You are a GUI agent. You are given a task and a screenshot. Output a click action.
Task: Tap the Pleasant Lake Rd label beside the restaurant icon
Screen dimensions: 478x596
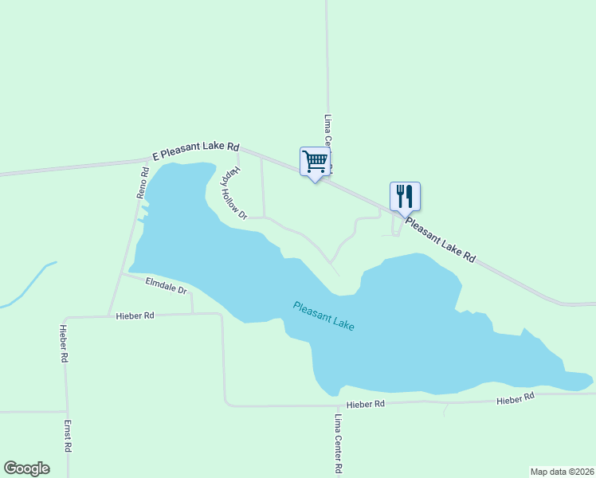click(440, 241)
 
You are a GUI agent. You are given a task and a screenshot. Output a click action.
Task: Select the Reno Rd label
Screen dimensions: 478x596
click(143, 182)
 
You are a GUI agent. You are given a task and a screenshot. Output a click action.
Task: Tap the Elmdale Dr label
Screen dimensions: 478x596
click(166, 284)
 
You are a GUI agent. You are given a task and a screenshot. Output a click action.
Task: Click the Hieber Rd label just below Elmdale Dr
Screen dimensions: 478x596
click(135, 315)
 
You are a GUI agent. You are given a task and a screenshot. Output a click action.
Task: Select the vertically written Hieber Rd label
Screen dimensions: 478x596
click(63, 343)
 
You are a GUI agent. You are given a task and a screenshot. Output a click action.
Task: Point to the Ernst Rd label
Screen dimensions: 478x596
click(68, 437)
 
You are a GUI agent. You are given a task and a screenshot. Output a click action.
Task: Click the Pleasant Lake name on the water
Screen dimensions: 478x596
click(323, 315)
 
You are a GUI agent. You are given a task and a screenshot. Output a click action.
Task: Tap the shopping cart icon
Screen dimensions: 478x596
click(315, 162)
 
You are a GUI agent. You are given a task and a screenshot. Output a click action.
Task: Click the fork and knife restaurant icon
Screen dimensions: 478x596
click(405, 196)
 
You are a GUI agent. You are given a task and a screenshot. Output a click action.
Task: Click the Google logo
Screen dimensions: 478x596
click(26, 468)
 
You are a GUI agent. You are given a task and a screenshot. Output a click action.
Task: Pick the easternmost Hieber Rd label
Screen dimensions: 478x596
click(514, 398)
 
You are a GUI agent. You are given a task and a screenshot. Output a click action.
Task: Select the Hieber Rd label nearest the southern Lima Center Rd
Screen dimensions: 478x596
click(365, 404)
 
